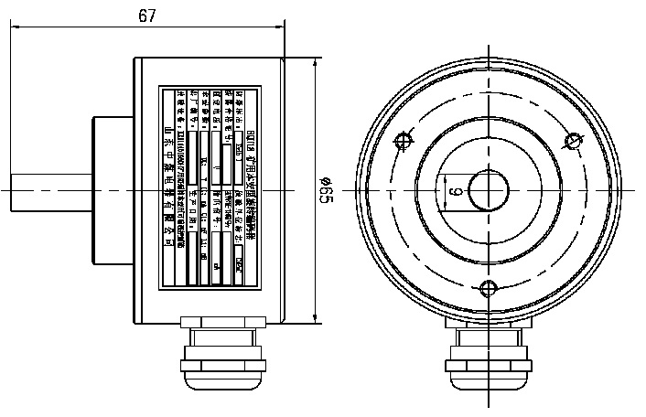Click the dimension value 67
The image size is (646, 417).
[146, 16]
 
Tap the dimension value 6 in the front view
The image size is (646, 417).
[453, 191]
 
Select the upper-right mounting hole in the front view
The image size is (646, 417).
[574, 141]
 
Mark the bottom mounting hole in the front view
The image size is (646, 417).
[489, 289]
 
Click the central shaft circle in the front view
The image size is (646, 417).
[489, 191]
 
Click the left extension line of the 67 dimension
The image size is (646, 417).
[11, 91]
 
